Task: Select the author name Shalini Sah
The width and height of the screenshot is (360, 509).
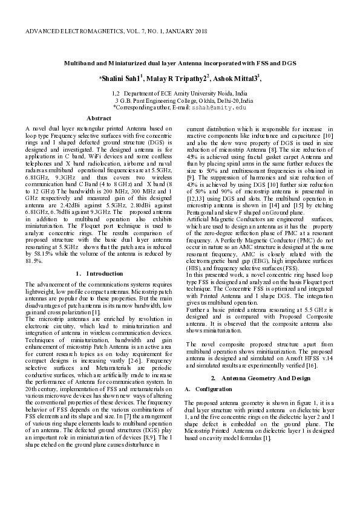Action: pyautogui.click(x=120, y=79)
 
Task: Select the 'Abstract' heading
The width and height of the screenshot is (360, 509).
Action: pyautogui.click(x=99, y=118)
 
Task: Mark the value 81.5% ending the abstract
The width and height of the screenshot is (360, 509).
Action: pyautogui.click(x=34, y=261)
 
